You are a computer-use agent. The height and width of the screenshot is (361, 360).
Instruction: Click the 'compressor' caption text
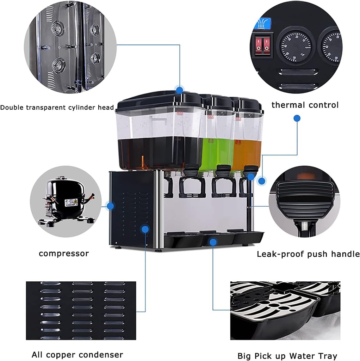pos(64,253)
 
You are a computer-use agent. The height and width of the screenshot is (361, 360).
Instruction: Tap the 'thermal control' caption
pos(305,105)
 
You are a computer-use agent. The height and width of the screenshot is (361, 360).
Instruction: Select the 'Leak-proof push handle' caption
pos(308,254)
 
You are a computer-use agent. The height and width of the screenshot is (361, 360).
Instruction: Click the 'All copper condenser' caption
pos(77,355)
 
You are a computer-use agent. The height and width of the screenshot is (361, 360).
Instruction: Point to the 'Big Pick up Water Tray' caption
pos(287,356)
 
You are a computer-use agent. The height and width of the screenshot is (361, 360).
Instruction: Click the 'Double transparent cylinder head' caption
pos(57,108)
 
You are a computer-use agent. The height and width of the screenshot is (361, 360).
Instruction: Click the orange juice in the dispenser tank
pos(247,153)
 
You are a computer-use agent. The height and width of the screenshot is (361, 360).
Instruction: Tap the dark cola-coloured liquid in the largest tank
pos(159,152)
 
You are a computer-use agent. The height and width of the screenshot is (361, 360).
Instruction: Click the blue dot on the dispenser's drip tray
pos(212,242)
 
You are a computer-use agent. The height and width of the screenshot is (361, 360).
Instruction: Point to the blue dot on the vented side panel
pos(144,229)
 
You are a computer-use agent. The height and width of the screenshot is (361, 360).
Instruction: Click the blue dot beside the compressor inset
pos(111,206)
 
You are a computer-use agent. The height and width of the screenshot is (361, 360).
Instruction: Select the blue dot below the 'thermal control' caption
pos(297,118)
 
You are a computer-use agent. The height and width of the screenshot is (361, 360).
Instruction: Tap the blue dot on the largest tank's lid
pos(180,90)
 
